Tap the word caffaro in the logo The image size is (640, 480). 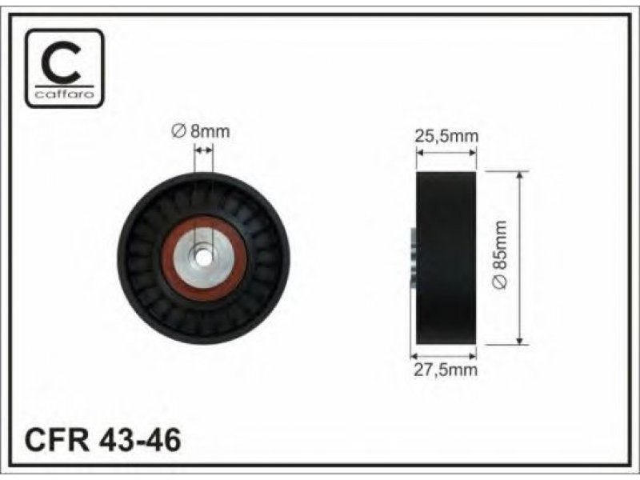(65, 94)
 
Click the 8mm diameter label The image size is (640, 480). (201, 131)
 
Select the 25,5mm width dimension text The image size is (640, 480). (446, 136)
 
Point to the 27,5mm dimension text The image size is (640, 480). (446, 370)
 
